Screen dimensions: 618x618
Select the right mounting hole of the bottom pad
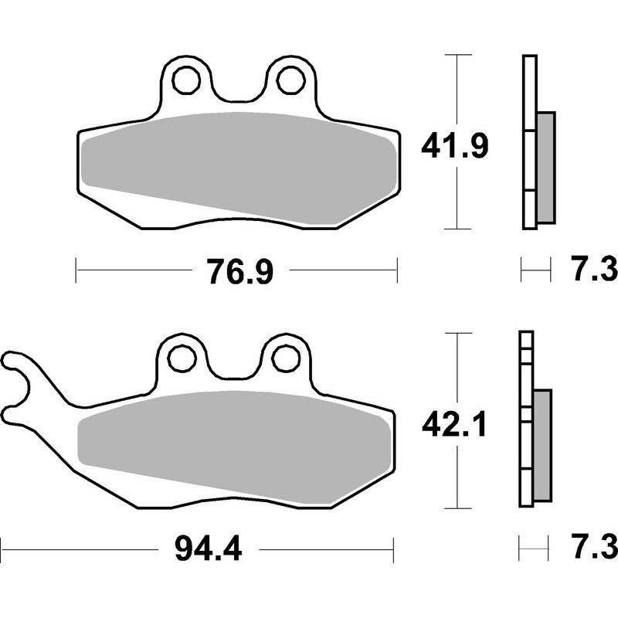[x=287, y=358]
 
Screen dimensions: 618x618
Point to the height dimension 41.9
[x=454, y=144]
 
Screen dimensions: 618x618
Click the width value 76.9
[x=239, y=272]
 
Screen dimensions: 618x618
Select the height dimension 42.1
[x=453, y=424]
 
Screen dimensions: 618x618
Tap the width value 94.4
[x=208, y=550]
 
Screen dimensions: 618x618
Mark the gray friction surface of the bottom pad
[x=232, y=440]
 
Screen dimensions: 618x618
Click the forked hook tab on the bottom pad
[x=19, y=386]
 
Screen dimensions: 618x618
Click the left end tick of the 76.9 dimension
[x=76, y=271]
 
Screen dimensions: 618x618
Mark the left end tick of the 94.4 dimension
[x=2, y=549]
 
